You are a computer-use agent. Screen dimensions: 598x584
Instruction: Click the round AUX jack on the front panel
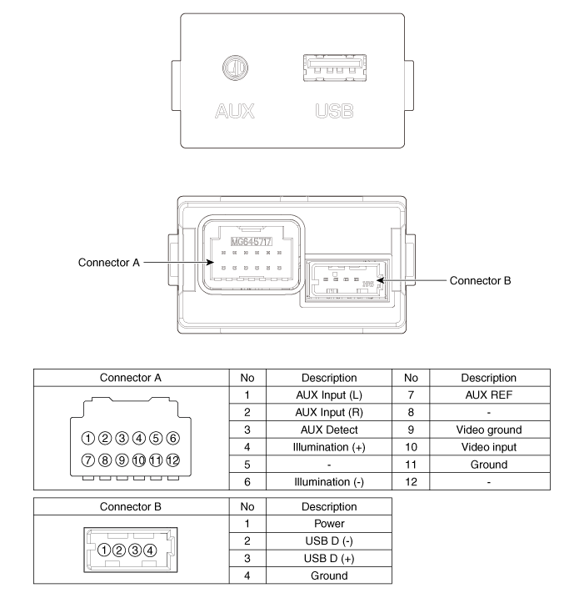tap(234, 68)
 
